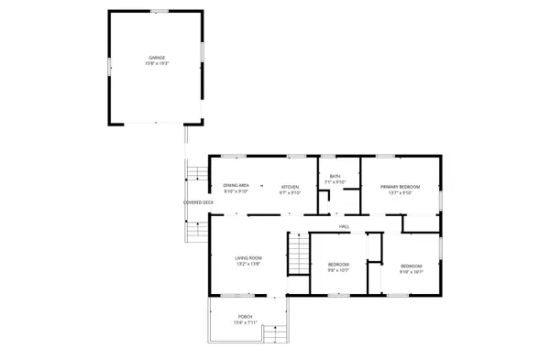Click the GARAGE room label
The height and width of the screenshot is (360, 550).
pos(157,58)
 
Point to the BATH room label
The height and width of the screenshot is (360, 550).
pos(335,176)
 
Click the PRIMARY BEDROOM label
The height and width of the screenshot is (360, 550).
pos(401,187)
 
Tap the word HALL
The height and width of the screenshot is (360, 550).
pos(344,226)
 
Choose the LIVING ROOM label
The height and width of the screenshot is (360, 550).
pos(248,258)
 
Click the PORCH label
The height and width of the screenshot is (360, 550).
pos(246,317)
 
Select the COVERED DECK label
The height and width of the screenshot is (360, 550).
pos(198,202)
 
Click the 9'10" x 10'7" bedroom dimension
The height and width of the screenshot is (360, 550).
pos(409,271)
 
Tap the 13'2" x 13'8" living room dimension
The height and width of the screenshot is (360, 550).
pos(248,265)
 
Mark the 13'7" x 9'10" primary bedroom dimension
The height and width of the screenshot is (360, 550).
pos(401,193)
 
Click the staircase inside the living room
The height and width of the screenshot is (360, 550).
pos(297,253)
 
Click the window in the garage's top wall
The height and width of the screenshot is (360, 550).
pos(159,11)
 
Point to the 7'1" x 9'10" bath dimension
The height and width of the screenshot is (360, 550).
pos(335,182)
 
